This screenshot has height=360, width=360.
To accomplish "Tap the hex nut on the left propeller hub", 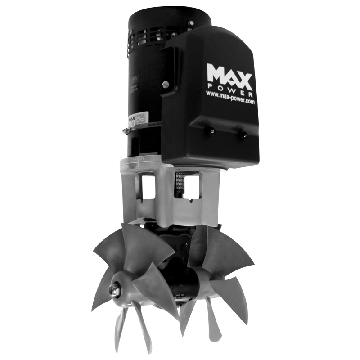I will [x=115, y=290].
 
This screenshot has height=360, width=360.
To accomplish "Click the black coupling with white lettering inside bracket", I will [x=178, y=185].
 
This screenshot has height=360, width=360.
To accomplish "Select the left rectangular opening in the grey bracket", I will [x=147, y=187].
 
